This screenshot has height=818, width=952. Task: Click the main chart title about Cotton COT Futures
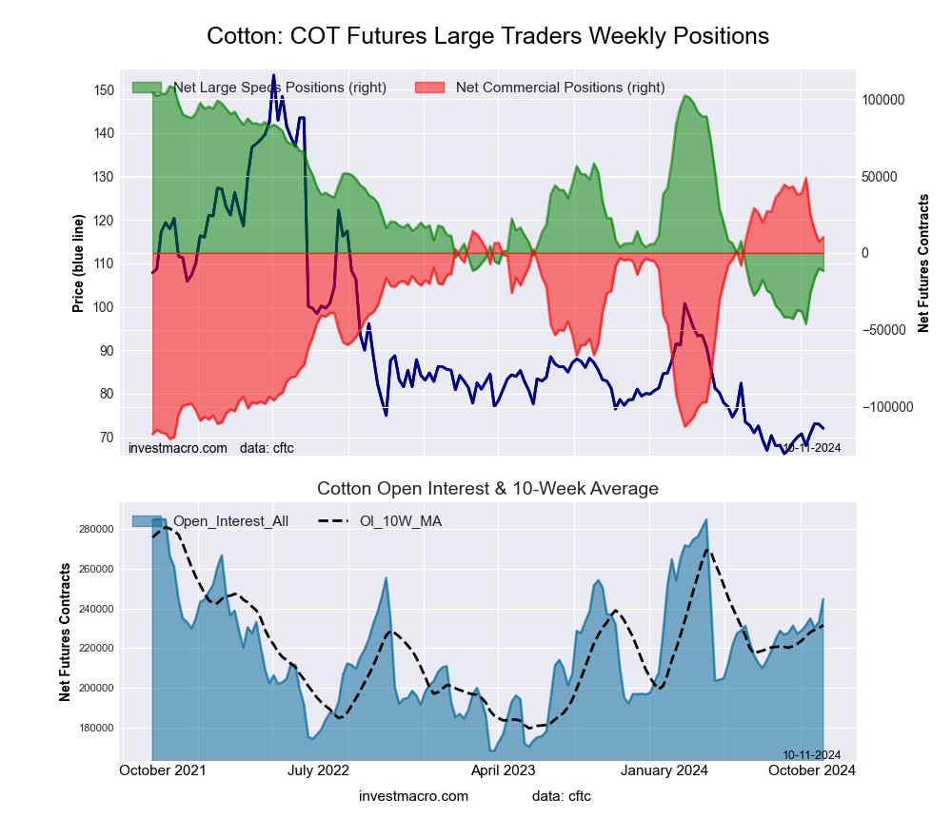click(x=487, y=36)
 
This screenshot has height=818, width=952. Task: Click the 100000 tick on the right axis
click(x=882, y=100)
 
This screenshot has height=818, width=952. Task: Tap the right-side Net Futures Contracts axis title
click(x=923, y=263)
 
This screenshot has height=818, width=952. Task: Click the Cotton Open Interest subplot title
click(x=487, y=489)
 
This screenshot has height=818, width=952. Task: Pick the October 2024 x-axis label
click(x=810, y=769)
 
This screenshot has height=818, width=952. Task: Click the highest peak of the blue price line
click(x=273, y=75)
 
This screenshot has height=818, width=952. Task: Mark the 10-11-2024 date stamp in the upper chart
click(x=812, y=446)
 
